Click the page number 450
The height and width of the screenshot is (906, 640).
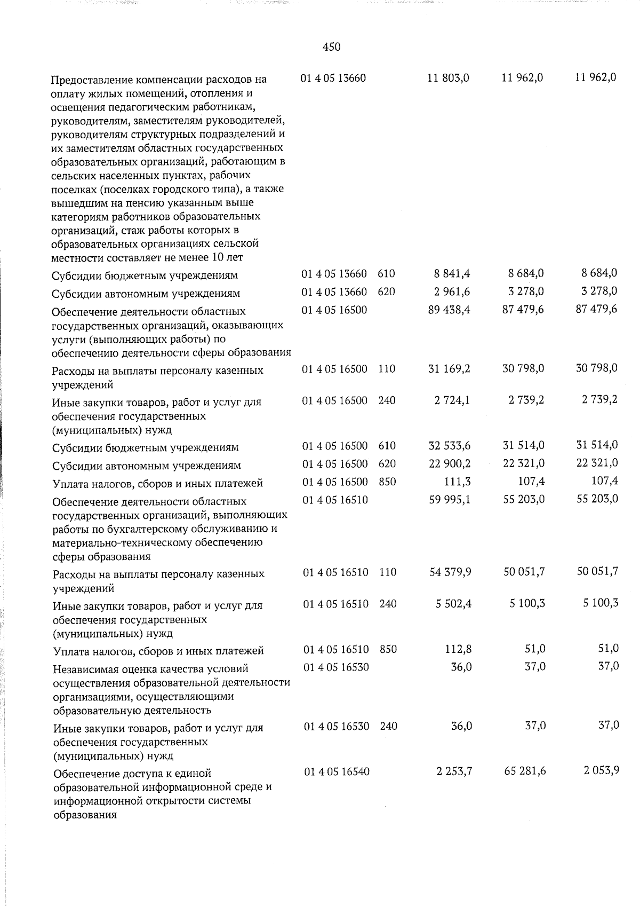(x=331, y=47)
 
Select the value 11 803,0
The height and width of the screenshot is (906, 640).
(x=449, y=78)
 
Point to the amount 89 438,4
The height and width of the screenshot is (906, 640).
(x=449, y=310)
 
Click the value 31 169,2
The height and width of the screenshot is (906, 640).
(x=450, y=368)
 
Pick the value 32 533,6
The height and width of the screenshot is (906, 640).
(x=450, y=446)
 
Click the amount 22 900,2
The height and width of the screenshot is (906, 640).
(x=450, y=463)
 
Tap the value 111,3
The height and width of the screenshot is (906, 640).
(x=458, y=482)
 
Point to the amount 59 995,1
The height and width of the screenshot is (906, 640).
(x=450, y=500)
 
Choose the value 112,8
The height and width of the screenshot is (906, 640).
(x=458, y=649)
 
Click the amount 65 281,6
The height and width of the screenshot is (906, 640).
(x=524, y=771)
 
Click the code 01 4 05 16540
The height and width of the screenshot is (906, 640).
(x=337, y=771)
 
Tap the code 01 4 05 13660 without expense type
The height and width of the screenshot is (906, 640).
(x=333, y=78)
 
